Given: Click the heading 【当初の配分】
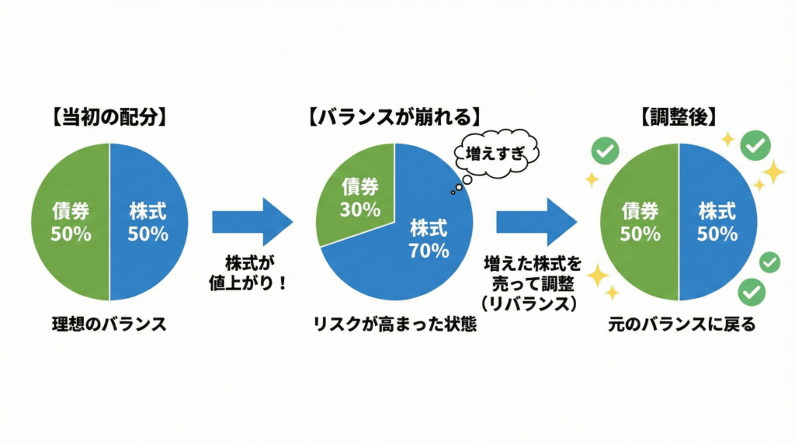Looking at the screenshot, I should [x=109, y=119].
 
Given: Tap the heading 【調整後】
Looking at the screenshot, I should [x=679, y=119].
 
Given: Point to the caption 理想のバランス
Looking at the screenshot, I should [x=109, y=324].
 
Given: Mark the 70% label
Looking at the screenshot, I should [x=429, y=251].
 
